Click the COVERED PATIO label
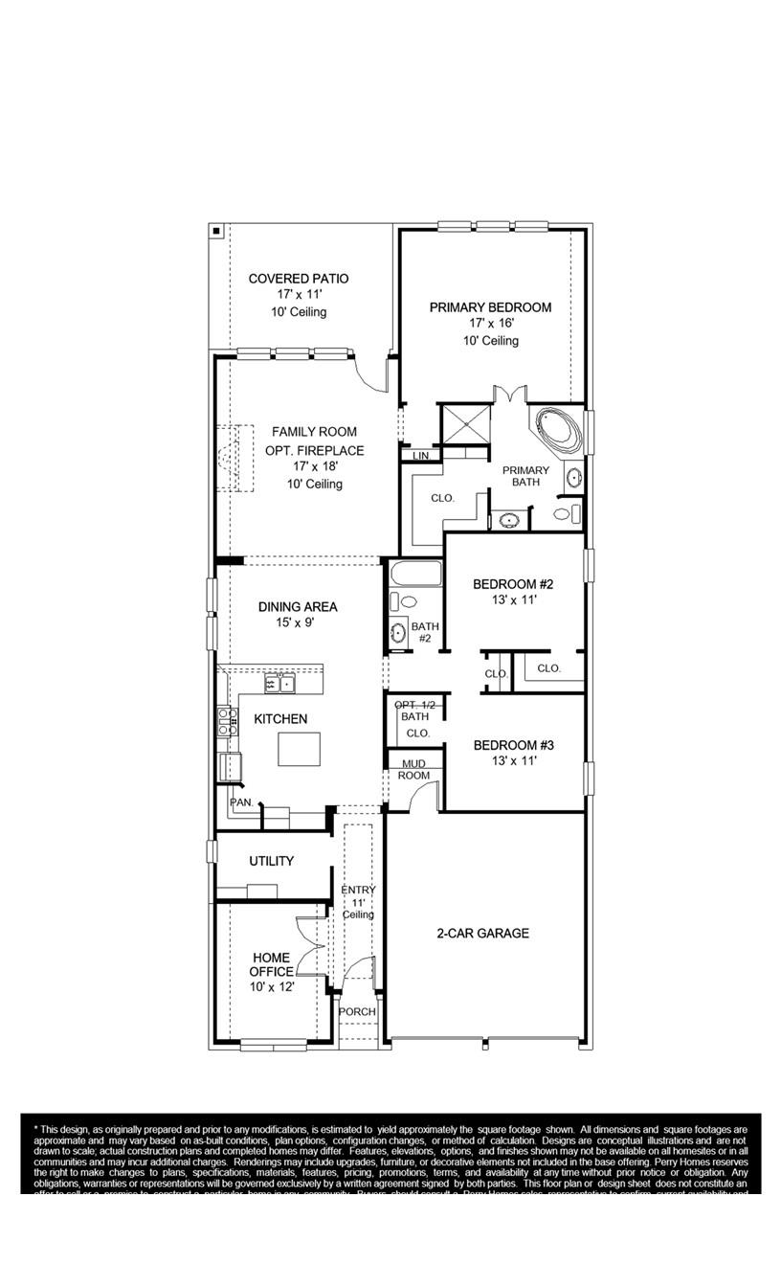pyautogui.click(x=299, y=279)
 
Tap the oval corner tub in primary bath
pyautogui.click(x=558, y=431)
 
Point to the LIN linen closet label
pyautogui.click(x=421, y=457)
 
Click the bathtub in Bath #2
pyautogui.click(x=415, y=576)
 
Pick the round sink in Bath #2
pyautogui.click(x=399, y=633)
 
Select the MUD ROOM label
pyautogui.click(x=414, y=769)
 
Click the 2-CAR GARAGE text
pyautogui.click(x=482, y=933)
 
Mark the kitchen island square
pyautogui.click(x=300, y=749)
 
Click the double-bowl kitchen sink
pyautogui.click(x=280, y=683)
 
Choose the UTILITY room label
pyautogui.click(x=272, y=861)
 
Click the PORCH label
pyautogui.click(x=358, y=1012)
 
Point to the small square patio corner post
pyautogui.click(x=217, y=231)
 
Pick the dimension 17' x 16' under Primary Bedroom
pyautogui.click(x=490, y=324)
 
